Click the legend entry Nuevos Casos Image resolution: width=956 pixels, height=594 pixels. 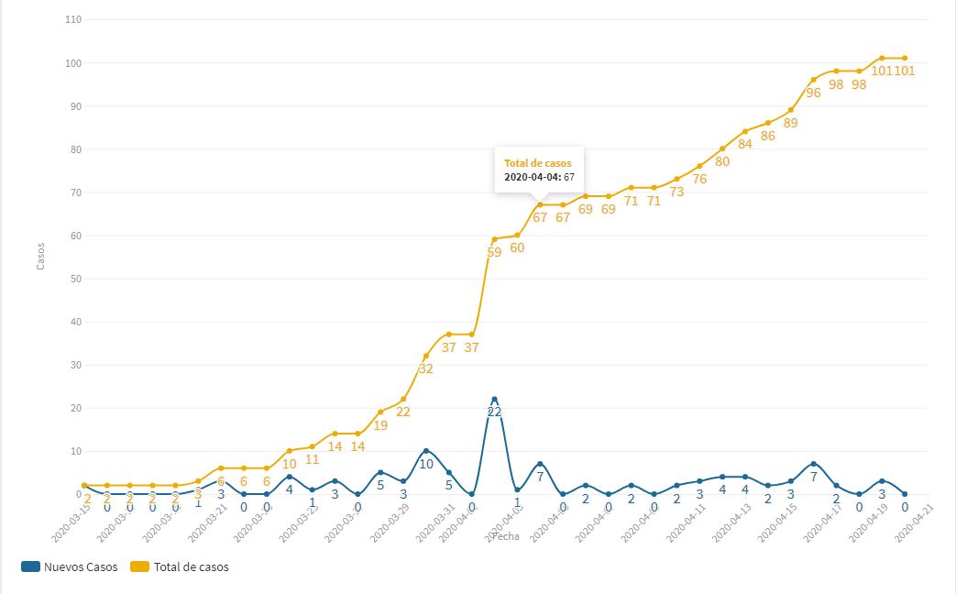tap(71, 566)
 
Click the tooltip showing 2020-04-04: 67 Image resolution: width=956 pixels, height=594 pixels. tap(540, 170)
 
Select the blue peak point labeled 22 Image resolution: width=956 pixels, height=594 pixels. tap(494, 400)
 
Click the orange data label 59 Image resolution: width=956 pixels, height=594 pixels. tap(494, 252)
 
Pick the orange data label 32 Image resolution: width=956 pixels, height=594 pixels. tap(426, 369)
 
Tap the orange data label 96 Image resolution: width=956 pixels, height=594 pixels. tap(813, 93)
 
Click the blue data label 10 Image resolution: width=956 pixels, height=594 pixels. tap(426, 464)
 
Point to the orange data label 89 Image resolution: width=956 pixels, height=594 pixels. tap(790, 123)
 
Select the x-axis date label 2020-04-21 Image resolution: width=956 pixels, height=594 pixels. tap(914, 522)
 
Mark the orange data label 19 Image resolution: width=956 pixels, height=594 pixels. tap(380, 425)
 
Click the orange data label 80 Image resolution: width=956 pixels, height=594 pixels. tap(722, 162)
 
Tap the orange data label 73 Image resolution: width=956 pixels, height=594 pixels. tap(676, 192)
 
